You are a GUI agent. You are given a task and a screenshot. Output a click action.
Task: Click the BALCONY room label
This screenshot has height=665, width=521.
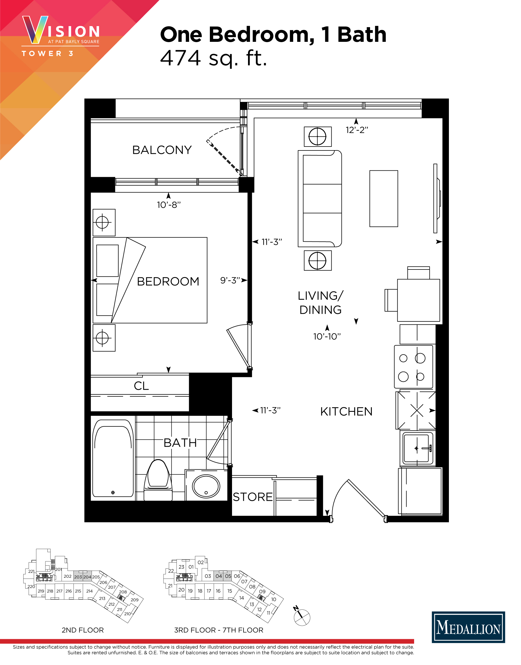(162, 150)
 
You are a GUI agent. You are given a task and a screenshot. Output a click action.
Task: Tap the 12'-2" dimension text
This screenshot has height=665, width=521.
(357, 130)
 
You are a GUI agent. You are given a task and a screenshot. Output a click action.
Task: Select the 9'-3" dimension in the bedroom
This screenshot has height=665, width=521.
(230, 280)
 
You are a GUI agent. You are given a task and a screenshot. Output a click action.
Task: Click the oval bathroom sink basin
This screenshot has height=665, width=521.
(206, 486)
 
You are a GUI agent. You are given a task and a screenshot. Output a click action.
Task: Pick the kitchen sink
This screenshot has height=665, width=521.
(417, 448)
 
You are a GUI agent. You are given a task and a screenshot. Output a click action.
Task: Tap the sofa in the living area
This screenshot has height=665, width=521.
(320, 199)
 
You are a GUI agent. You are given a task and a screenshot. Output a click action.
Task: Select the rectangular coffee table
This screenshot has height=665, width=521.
(384, 198)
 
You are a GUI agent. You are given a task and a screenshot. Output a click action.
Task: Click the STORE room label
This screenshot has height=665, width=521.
(253, 497)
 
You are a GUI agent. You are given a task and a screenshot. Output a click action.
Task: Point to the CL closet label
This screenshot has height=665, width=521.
(141, 386)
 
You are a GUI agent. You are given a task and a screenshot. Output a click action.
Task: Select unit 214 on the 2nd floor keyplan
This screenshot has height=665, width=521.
(89, 591)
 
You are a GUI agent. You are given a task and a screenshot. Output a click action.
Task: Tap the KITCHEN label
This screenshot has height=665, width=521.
(346, 412)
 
